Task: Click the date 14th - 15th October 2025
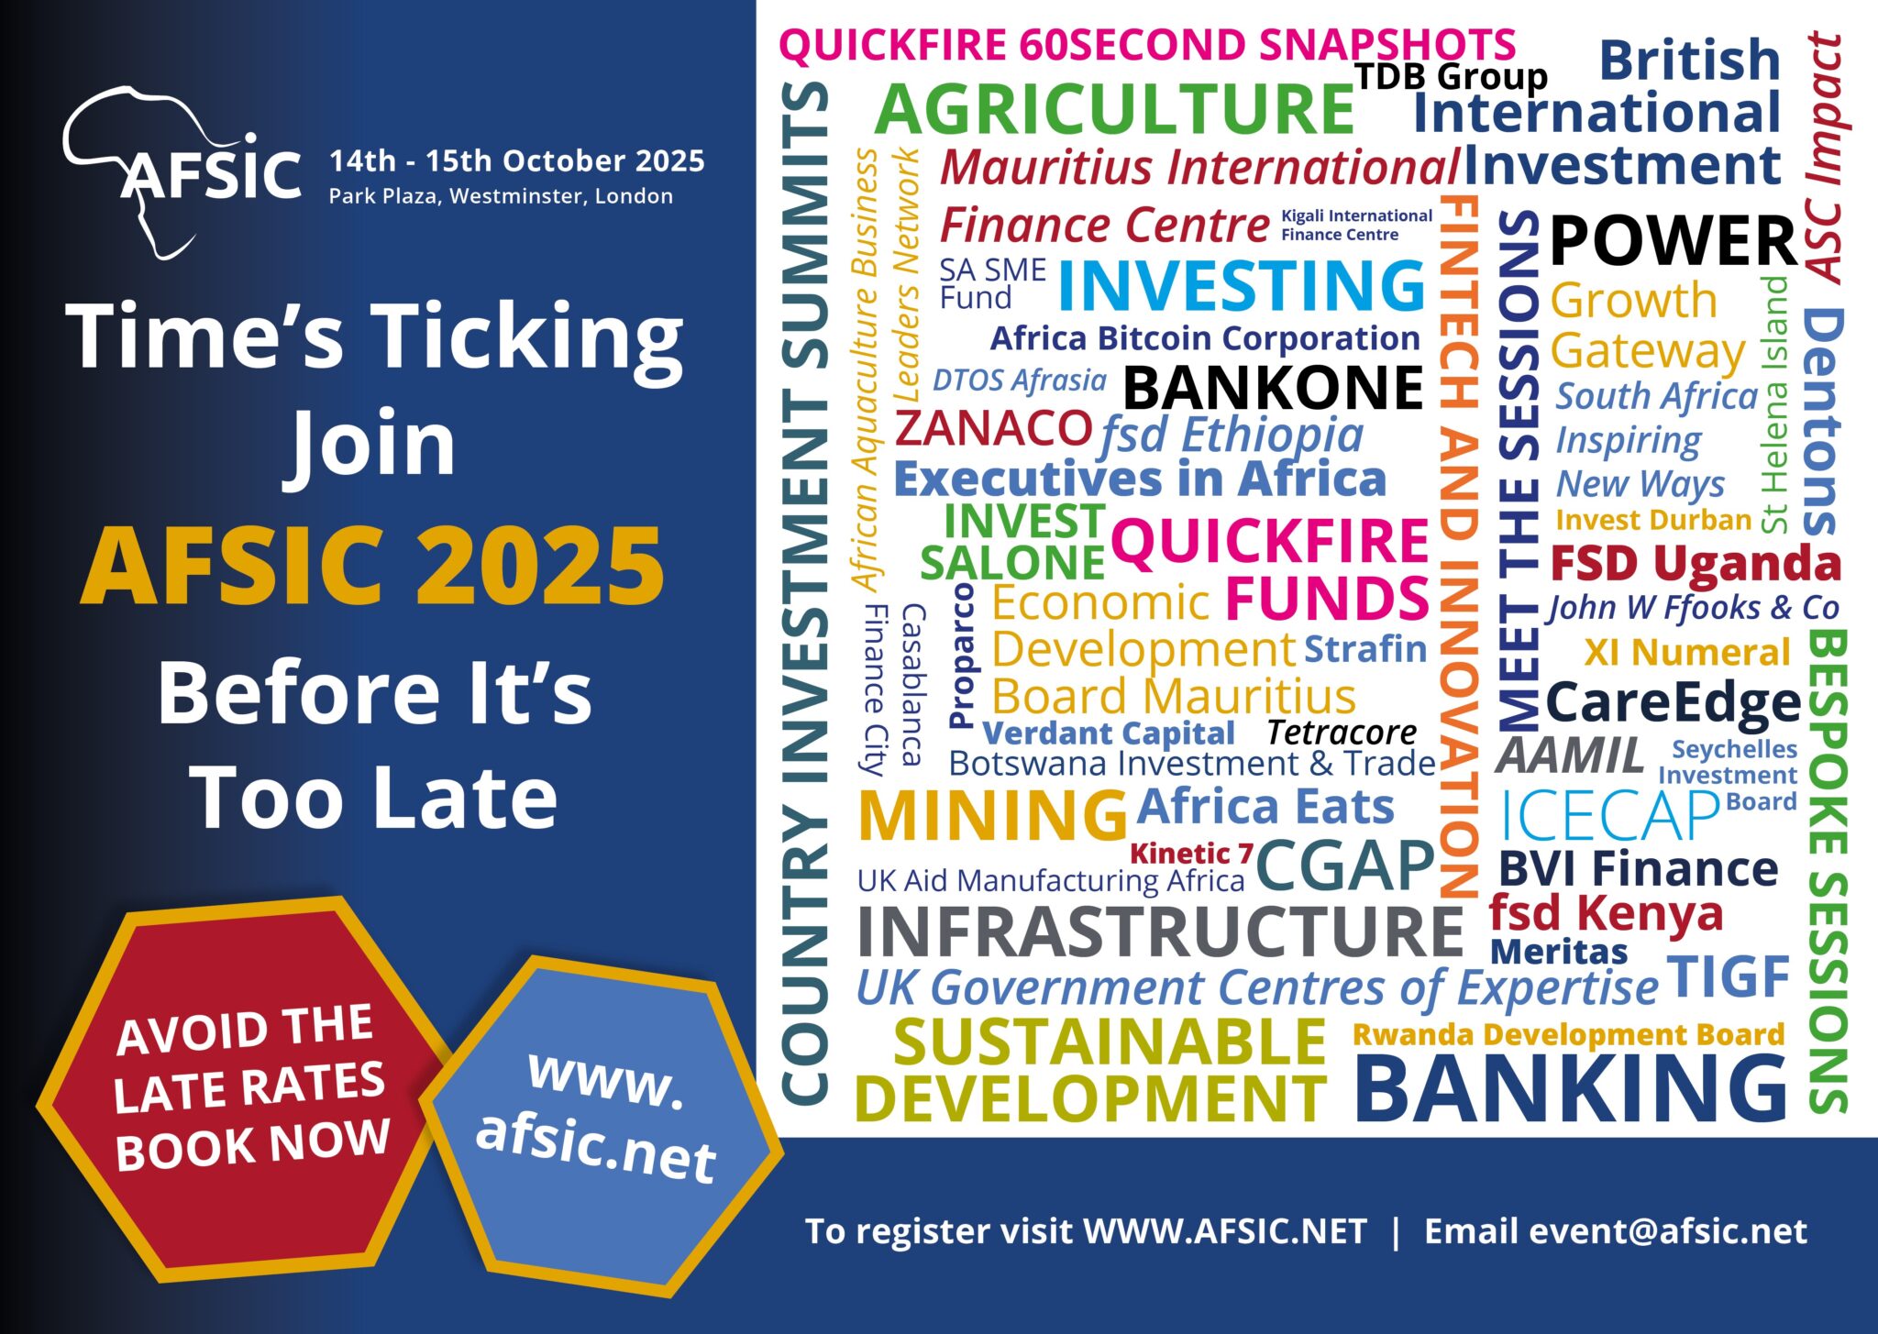point(516,161)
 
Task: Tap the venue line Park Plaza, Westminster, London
point(501,196)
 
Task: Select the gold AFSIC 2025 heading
point(372,568)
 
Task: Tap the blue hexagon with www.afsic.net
point(601,1124)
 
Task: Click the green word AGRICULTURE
point(1114,110)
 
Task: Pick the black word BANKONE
point(1273,388)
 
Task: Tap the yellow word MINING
point(992,816)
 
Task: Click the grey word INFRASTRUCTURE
point(1159,932)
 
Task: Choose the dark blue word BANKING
point(1571,1088)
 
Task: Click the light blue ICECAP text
point(1608,816)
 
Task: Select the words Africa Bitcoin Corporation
point(1205,338)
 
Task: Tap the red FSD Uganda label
point(1695,563)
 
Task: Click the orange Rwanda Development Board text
point(1568,1034)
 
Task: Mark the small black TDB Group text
point(1451,76)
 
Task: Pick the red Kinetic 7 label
point(1191,854)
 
